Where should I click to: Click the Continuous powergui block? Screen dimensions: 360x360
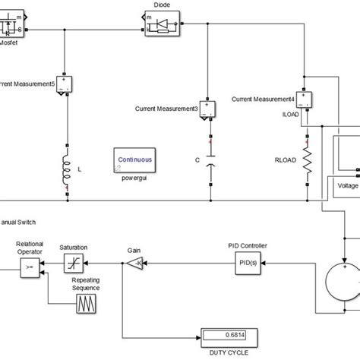click(x=134, y=161)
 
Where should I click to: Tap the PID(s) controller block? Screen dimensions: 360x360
click(x=245, y=263)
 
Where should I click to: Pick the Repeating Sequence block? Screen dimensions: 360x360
click(x=85, y=305)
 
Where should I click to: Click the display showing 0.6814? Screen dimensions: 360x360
click(x=229, y=335)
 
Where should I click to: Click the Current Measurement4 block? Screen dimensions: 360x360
click(x=305, y=99)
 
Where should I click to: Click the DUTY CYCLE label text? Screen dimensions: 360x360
click(x=228, y=352)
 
